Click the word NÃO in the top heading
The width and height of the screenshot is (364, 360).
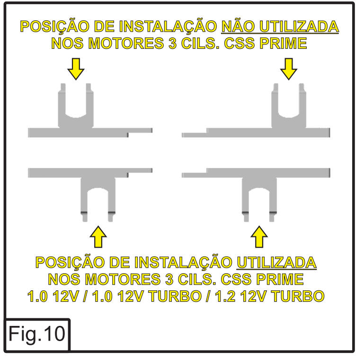238,26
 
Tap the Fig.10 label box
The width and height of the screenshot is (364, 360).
37,335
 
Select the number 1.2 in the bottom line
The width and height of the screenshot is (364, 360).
224,297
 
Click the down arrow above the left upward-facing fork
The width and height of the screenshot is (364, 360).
76,69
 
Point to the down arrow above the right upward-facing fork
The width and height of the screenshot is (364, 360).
289,69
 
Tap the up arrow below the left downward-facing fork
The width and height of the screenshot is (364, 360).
98,237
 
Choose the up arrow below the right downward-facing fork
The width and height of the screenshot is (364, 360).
259,237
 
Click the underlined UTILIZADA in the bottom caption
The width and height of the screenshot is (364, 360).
276,262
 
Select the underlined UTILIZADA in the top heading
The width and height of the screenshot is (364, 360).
299,26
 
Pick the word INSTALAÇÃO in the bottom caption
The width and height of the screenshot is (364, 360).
183,263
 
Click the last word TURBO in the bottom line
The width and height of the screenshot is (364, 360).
299,297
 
